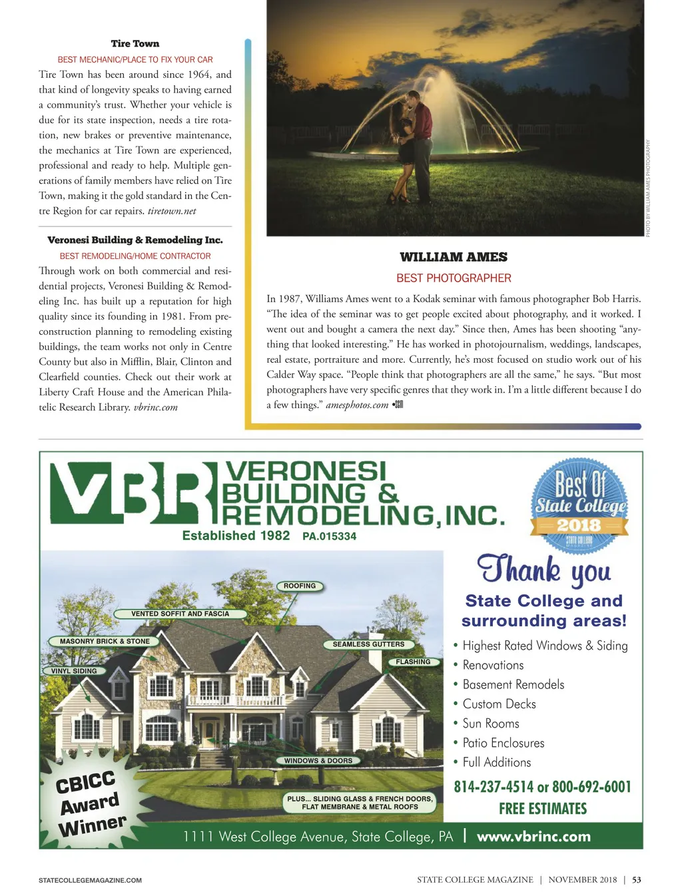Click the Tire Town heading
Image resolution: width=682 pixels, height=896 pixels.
(135, 44)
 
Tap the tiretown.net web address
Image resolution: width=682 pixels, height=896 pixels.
(172, 211)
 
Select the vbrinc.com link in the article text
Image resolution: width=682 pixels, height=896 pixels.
(155, 407)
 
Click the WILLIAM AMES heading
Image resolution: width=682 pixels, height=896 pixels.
(454, 257)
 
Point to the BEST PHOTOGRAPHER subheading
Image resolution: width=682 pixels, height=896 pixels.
(454, 278)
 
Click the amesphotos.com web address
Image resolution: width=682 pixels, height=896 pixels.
(357, 405)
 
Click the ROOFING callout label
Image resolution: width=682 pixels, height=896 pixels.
(300, 586)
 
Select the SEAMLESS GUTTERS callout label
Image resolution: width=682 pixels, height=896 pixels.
(368, 644)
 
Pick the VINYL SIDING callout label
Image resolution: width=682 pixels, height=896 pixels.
(74, 671)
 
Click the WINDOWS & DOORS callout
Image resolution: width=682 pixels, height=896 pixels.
(318, 761)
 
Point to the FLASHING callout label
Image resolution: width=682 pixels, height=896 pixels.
(413, 662)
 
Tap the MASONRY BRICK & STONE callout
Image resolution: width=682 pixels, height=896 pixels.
(105, 642)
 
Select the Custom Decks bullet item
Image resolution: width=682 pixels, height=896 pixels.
(499, 704)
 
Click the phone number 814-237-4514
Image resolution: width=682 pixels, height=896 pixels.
(494, 787)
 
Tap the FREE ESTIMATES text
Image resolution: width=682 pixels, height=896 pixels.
(543, 809)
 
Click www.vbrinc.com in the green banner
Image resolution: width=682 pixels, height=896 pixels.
(533, 837)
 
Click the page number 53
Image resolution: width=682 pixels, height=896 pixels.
(637, 880)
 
